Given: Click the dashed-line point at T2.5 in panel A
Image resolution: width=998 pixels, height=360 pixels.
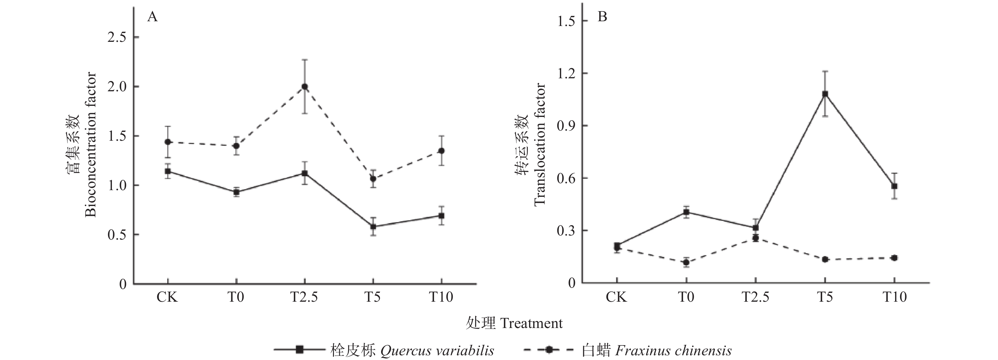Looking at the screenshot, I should coord(304,87).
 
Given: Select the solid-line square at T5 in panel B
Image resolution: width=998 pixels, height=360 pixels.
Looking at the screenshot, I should coord(825,94).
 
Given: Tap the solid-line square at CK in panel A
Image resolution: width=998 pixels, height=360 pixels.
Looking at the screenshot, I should coord(168,171).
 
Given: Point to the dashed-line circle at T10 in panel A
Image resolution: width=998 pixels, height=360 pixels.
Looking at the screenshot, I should coord(441,151).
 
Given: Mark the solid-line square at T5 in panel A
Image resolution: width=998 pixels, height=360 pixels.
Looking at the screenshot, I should coord(373,227).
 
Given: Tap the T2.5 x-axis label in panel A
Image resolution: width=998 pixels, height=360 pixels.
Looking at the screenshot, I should coord(304,298).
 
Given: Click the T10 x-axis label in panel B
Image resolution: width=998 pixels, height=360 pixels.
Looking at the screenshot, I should coord(895,298).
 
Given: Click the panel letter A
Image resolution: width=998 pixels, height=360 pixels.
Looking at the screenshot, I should coord(152,17).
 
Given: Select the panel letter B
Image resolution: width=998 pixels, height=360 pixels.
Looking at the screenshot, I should coord(602,17).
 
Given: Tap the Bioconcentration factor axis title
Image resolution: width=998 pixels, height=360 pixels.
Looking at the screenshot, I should coord(90,144).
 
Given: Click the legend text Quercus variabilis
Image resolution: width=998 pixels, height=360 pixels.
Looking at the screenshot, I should coord(437,351).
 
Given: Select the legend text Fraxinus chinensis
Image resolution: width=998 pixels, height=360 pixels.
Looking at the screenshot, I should coord(673,351).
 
